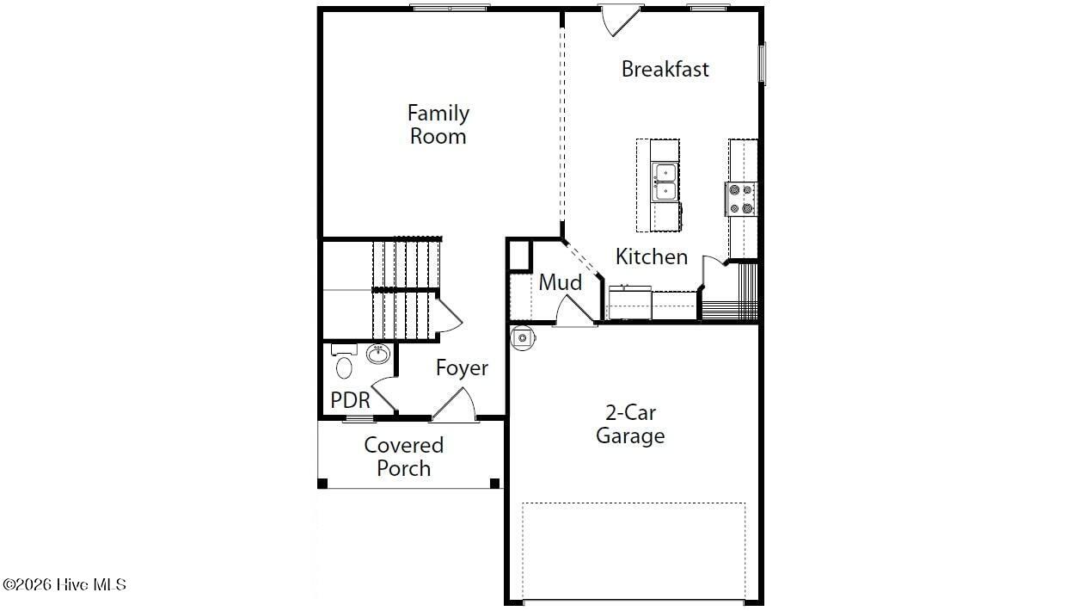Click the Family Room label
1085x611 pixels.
click(x=438, y=125)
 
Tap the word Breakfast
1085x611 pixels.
click(x=665, y=70)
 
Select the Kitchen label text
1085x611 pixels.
click(x=652, y=256)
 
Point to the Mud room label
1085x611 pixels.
click(x=561, y=282)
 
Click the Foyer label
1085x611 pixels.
click(x=462, y=368)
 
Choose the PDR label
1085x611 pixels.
click(x=350, y=400)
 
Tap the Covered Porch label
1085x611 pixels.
click(x=403, y=456)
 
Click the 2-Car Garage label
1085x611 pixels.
click(x=630, y=424)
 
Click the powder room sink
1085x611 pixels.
click(x=378, y=354)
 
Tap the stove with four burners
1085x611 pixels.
click(x=741, y=199)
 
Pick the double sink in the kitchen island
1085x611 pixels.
click(x=664, y=182)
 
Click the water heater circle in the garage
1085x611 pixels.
click(x=523, y=338)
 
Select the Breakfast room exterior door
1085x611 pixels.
click(x=620, y=20)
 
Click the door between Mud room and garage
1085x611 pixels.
click(x=575, y=310)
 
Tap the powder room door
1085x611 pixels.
click(x=383, y=394)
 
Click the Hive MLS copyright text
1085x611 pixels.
click(x=64, y=585)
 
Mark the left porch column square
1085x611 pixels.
click(x=322, y=484)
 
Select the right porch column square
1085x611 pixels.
click(x=494, y=484)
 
